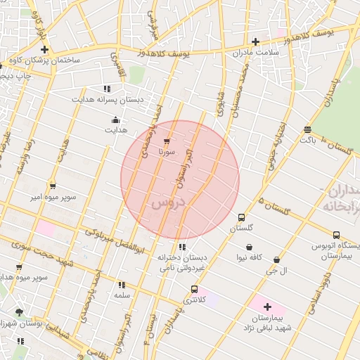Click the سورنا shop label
(x=166, y=151)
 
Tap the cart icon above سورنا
(x=166, y=141)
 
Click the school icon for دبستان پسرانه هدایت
(x=107, y=89)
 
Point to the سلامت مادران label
(x=258, y=52)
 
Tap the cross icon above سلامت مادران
(x=255, y=41)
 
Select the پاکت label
(x=307, y=140)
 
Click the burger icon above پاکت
(x=307, y=129)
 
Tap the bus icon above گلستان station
(x=241, y=217)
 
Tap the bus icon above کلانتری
(x=194, y=289)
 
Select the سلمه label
(x=122, y=295)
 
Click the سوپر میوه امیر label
(x=53, y=197)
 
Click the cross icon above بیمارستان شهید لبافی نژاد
(x=267, y=307)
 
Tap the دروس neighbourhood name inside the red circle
(x=167, y=203)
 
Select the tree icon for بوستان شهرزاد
(x=19, y=311)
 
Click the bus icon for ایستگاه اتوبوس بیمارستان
(x=336, y=235)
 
